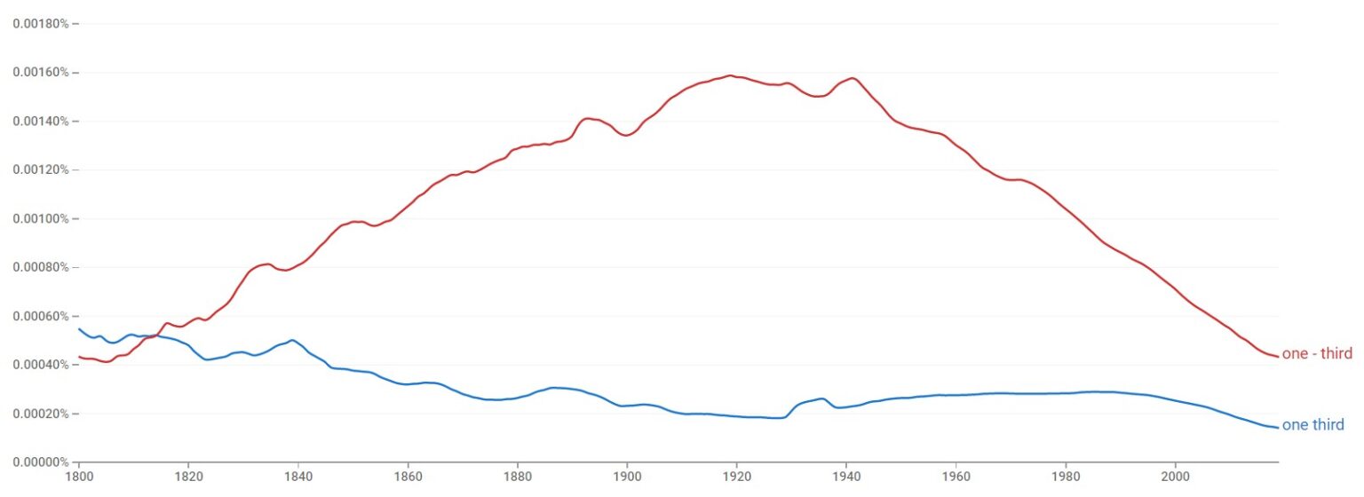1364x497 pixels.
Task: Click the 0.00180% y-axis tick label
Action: tap(40, 23)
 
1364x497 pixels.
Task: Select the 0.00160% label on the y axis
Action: tap(40, 72)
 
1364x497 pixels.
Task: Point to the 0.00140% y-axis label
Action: tap(40, 121)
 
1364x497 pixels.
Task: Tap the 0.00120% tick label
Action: tap(40, 170)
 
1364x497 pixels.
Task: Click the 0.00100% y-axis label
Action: tap(40, 218)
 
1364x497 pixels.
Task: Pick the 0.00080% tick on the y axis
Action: tap(40, 267)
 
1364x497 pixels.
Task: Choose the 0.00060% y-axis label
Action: tap(40, 316)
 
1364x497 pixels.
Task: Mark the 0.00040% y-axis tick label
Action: tap(40, 365)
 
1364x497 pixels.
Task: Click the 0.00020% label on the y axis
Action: tap(40, 414)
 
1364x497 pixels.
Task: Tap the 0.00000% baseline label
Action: tap(40, 462)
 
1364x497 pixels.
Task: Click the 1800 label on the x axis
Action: tap(79, 477)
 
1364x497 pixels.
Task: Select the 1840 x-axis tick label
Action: tap(298, 477)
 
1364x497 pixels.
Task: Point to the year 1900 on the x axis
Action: tap(627, 477)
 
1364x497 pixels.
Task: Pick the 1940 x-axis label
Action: tap(846, 477)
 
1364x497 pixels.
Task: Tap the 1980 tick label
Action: tap(1066, 477)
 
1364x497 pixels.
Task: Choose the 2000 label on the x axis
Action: tap(1175, 477)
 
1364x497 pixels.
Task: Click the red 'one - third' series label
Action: tap(1317, 354)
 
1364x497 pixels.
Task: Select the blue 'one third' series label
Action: tap(1313, 426)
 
